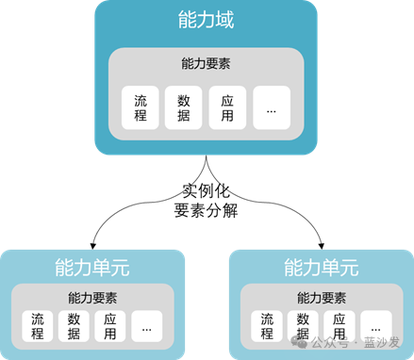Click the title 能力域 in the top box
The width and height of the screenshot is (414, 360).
point(206,20)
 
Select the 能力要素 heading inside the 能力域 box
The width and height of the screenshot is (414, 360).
point(206,63)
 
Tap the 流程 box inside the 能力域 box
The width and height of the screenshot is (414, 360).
point(141,107)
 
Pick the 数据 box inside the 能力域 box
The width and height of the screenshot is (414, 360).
point(184,107)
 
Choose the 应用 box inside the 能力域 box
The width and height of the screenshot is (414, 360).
point(227,107)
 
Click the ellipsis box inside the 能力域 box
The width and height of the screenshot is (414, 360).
point(272,107)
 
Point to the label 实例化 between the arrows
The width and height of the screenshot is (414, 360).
point(206,190)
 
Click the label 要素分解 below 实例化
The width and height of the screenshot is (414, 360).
point(206,210)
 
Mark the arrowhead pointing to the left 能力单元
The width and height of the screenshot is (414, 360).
point(92,246)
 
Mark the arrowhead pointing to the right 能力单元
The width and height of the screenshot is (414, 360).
point(321,246)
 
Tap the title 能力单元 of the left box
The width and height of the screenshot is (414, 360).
point(92,268)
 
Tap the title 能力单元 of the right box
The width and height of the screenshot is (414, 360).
point(322,268)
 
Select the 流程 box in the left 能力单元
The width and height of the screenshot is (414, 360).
point(38,326)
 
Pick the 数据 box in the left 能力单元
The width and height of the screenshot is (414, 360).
point(74,326)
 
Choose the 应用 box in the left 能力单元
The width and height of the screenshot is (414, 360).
point(110,326)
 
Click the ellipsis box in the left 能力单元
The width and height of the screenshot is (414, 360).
point(147,326)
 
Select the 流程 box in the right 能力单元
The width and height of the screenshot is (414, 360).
point(267,326)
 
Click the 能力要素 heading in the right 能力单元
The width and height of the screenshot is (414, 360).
point(322,298)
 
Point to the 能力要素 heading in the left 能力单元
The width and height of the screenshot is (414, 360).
point(92,298)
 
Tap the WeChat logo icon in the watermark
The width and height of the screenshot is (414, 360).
point(299,342)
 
